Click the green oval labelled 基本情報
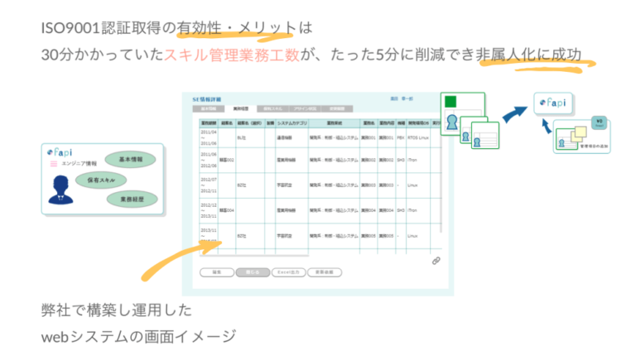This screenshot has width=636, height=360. tap(131, 159)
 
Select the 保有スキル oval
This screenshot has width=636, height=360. tap(101, 180)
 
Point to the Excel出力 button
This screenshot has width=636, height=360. tap(287, 271)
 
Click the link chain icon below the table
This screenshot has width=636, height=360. tap(436, 261)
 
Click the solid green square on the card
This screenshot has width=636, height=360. tap(450, 103)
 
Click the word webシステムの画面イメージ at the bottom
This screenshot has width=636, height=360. tap(139, 336)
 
